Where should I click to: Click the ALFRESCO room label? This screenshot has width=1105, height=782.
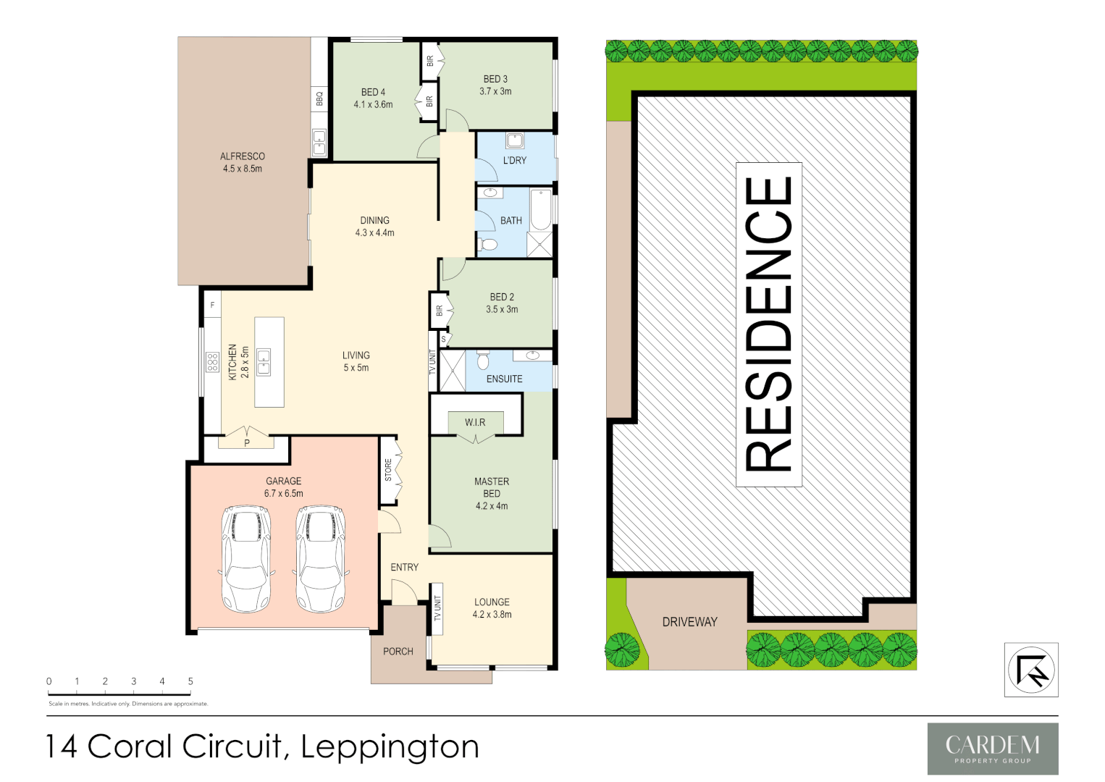pos(243,156)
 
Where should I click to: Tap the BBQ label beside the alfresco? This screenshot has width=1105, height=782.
pos(319,98)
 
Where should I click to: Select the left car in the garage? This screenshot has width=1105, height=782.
pos(246,559)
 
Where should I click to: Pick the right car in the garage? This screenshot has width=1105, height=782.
pos(320,559)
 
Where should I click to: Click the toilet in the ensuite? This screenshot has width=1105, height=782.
pos(484,359)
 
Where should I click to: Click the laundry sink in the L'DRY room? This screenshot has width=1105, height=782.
pos(515,140)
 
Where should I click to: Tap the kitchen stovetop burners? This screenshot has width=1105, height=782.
pos(212,362)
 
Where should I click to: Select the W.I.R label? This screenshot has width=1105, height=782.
pos(475,422)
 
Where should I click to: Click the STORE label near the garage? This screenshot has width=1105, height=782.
pos(388,470)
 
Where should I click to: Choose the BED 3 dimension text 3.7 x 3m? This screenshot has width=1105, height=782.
pos(495,91)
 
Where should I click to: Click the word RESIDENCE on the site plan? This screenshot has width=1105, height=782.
pos(769,324)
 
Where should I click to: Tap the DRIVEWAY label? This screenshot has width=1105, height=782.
pos(689,622)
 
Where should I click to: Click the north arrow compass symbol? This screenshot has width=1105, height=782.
pos(1031,670)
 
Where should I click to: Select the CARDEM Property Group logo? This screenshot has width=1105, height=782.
pos(992,749)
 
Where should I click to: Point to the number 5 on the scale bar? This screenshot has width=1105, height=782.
pos(190,681)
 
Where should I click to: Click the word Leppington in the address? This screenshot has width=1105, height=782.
pos(390,747)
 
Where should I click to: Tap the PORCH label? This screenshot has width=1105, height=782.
pos(398,652)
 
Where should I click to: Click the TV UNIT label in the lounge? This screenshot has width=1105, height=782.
pos(437,608)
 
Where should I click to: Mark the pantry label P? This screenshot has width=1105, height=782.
pos(247,443)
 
